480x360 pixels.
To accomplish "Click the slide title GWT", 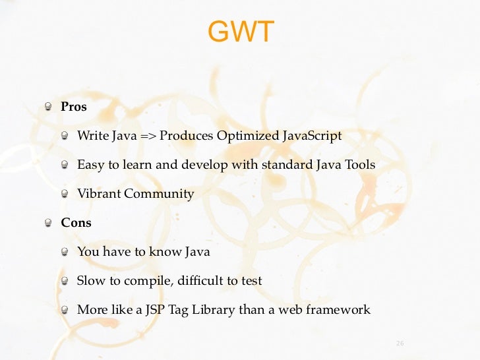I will coord(240,32).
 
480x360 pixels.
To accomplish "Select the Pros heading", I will coord(74,107).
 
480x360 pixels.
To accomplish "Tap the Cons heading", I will coord(76,223).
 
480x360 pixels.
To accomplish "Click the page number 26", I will coord(399,343).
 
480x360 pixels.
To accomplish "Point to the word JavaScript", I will coord(312,136).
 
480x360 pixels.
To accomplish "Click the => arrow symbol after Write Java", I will coord(148,136).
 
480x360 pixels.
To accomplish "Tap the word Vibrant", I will coord(99,194).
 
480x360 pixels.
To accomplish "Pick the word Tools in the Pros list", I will coord(359,165).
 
